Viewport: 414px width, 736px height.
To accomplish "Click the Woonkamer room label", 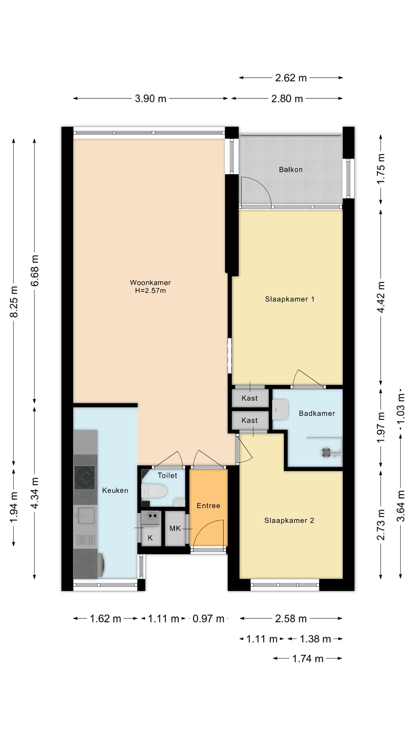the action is point(150,283).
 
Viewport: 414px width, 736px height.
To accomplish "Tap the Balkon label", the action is point(291,169).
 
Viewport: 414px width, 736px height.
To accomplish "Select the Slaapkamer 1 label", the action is point(290,299).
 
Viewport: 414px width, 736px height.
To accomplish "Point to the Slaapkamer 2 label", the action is point(289,520).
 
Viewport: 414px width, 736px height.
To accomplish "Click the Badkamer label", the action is point(317,413).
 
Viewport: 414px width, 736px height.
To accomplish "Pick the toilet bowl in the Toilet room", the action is point(154,491).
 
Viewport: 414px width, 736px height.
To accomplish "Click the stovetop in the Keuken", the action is point(84,477).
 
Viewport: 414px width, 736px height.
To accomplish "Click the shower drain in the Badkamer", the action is point(327,452).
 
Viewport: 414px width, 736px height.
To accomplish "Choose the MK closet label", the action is point(175,529).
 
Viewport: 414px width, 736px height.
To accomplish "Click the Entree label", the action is point(209,506).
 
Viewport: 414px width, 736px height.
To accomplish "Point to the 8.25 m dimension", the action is point(14,301).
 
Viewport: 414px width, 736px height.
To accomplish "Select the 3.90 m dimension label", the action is point(151,99).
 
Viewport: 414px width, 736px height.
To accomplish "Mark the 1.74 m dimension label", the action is point(308,659).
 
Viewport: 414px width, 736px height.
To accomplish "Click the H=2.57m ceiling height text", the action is point(150,291).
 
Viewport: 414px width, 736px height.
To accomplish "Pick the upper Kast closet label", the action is point(250,398).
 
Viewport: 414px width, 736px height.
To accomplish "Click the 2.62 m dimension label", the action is point(291,78).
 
